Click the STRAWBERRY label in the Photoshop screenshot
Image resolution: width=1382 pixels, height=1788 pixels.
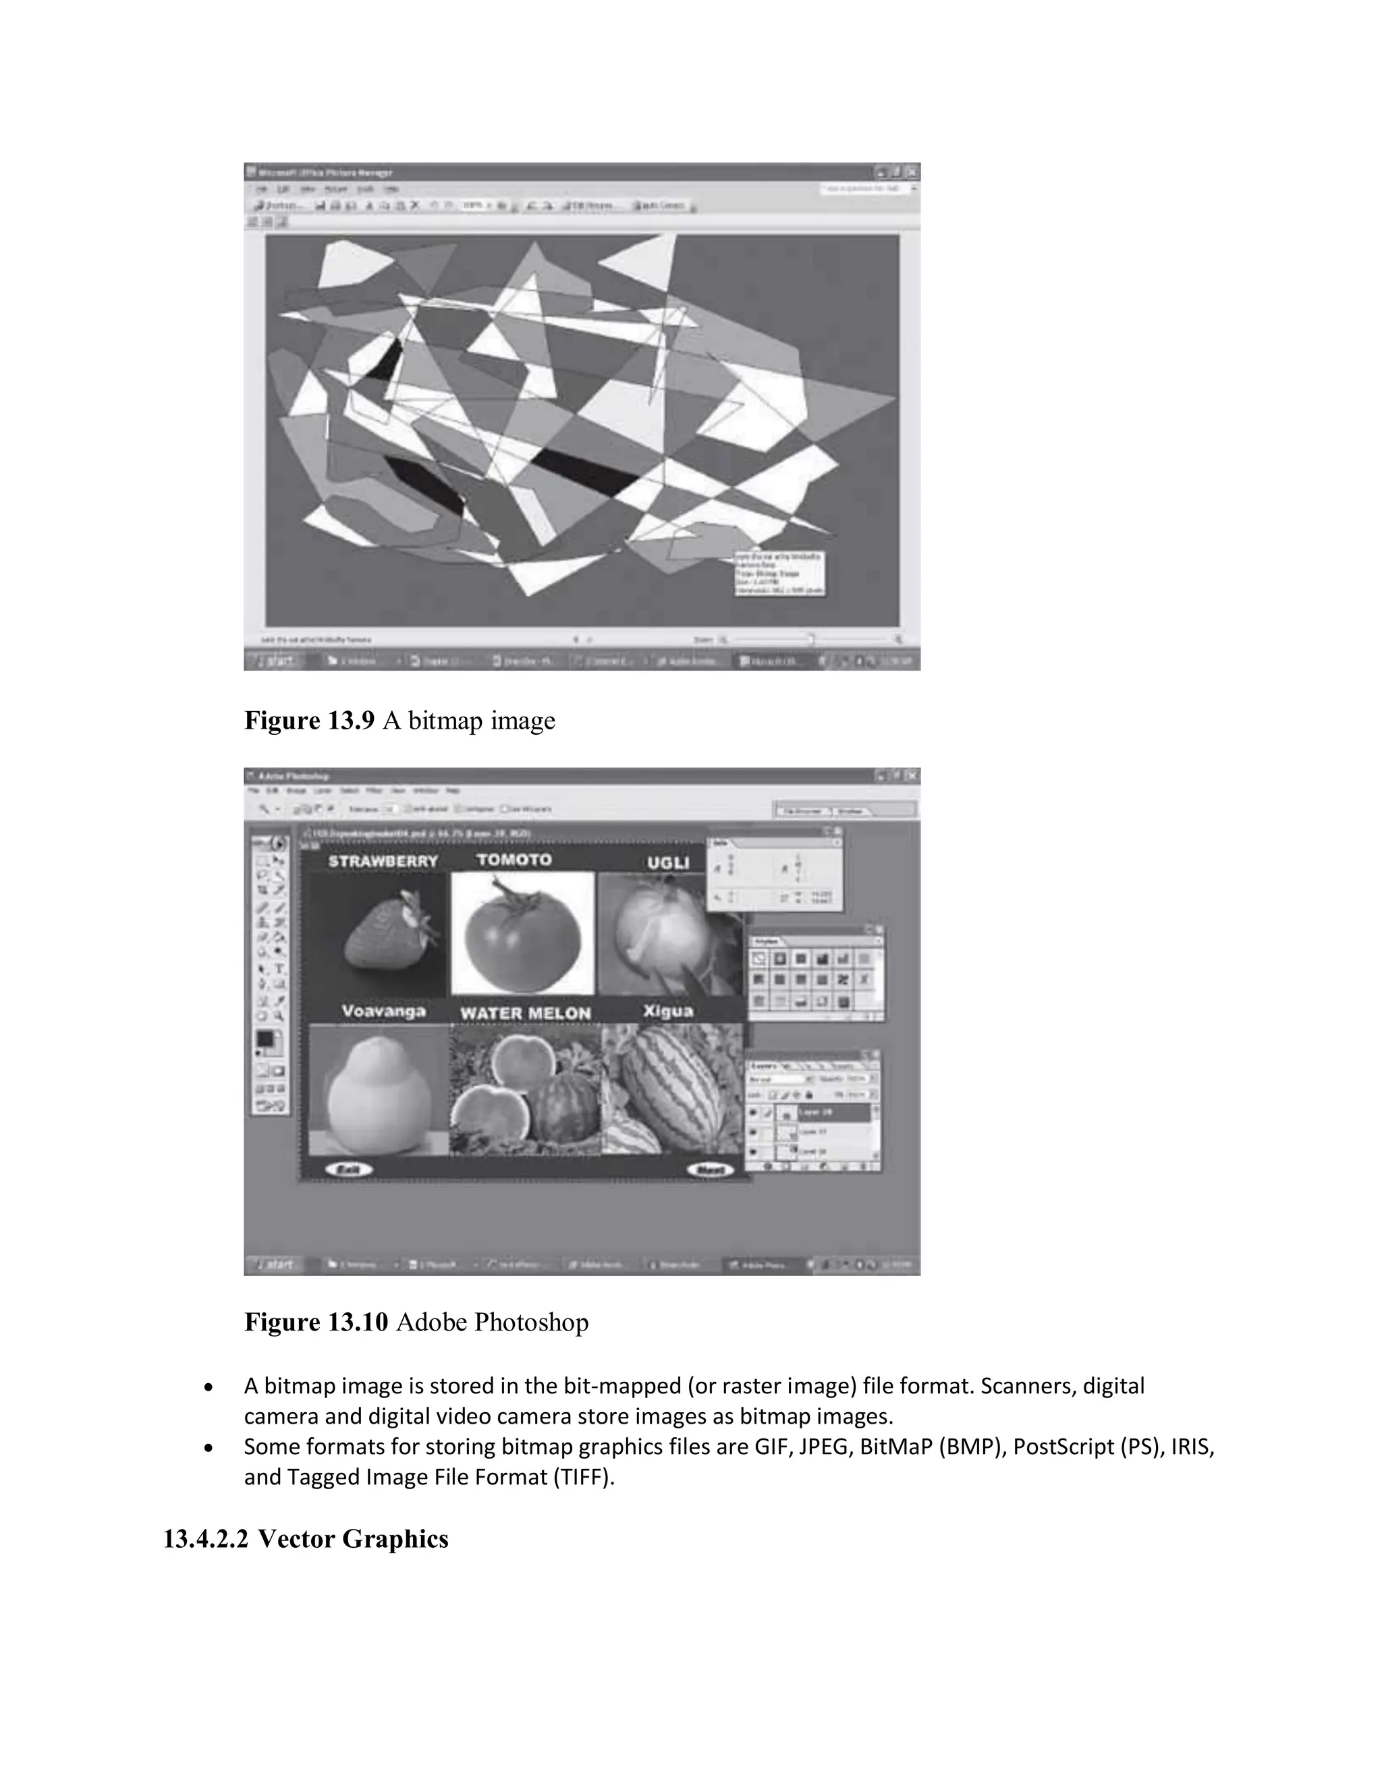click(383, 861)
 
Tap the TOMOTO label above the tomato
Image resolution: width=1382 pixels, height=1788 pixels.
click(514, 860)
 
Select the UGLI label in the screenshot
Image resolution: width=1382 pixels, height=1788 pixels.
click(668, 862)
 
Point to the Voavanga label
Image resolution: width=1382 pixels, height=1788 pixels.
click(383, 1011)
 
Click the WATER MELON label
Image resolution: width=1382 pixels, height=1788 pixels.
click(525, 1013)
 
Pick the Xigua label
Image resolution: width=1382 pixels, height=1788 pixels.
click(668, 1011)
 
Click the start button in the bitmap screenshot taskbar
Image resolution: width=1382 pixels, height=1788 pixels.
click(276, 661)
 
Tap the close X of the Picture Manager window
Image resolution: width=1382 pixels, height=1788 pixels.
click(911, 172)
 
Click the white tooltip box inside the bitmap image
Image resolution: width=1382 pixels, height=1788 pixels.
click(779, 573)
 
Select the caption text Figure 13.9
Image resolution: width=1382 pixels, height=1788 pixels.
click(310, 721)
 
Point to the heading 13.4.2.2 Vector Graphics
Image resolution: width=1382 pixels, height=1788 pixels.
click(306, 1538)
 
